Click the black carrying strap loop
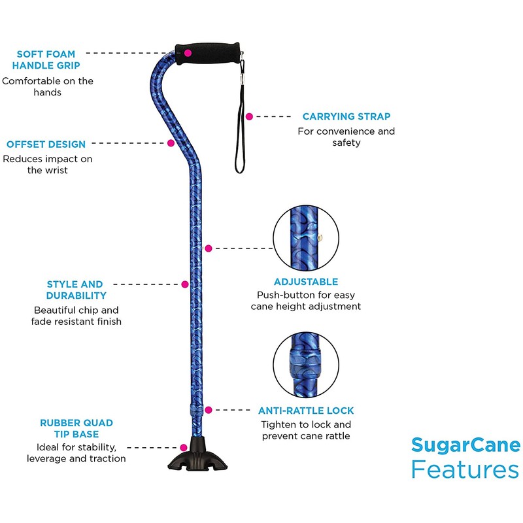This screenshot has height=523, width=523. pyautogui.click(x=239, y=131)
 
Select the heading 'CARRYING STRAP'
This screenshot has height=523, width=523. pyautogui.click(x=346, y=116)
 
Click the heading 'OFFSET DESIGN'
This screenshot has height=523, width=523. pyautogui.click(x=46, y=144)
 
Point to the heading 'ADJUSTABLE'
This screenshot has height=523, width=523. pyautogui.click(x=306, y=282)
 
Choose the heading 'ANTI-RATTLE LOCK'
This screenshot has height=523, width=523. pyautogui.click(x=306, y=411)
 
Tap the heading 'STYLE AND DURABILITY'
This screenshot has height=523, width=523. pyautogui.click(x=75, y=290)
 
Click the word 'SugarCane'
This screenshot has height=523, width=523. pyautogui.click(x=465, y=446)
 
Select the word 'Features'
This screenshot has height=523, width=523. pyautogui.click(x=465, y=470)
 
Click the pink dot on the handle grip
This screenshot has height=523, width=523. pyautogui.click(x=188, y=52)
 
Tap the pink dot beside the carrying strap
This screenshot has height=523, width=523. pyautogui.click(x=249, y=116)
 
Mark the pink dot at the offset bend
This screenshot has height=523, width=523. pyautogui.click(x=171, y=143)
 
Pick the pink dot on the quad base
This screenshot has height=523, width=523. pyautogui.click(x=185, y=447)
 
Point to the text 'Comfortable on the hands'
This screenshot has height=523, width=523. pyautogui.click(x=47, y=87)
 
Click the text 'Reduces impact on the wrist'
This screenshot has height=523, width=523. pyautogui.click(x=47, y=164)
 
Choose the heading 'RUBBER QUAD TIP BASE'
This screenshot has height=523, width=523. pyautogui.click(x=69, y=429)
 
